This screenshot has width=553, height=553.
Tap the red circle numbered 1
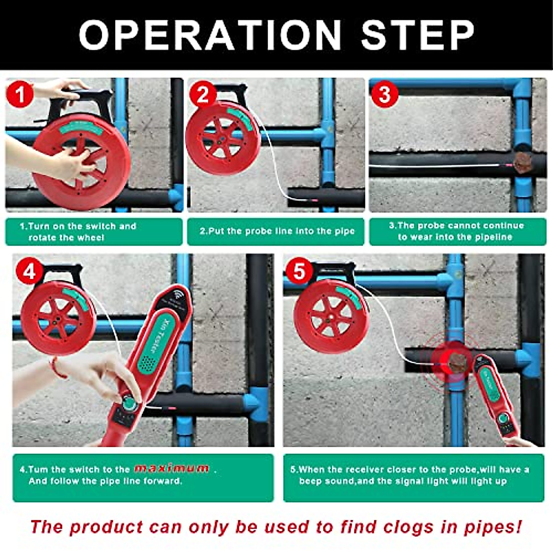20,94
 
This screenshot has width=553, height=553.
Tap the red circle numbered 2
203,94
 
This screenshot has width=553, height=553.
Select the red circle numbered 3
384,94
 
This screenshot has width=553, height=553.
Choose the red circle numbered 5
299,271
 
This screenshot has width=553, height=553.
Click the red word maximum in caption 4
171,469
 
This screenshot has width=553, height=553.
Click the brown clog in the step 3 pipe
523,163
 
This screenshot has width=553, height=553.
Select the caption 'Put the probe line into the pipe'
277,231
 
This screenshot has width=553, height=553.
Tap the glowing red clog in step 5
451,362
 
